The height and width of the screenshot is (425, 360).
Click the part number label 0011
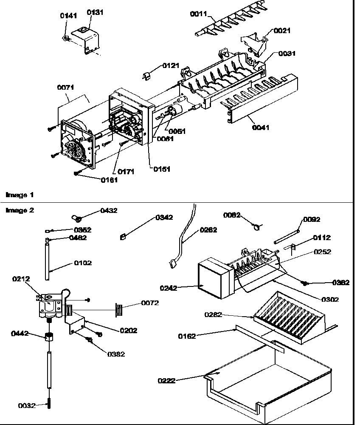pos(198,14)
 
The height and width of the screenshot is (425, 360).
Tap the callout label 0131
pos(95,13)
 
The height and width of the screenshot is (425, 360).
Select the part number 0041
pos(261,127)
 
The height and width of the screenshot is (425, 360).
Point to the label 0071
pos(65,88)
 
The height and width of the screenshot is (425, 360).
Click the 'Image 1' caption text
pos(19,195)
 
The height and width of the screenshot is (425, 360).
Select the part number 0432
pos(109,210)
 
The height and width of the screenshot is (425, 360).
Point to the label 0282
pos(213,314)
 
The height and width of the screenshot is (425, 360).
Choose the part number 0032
pos(27,405)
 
